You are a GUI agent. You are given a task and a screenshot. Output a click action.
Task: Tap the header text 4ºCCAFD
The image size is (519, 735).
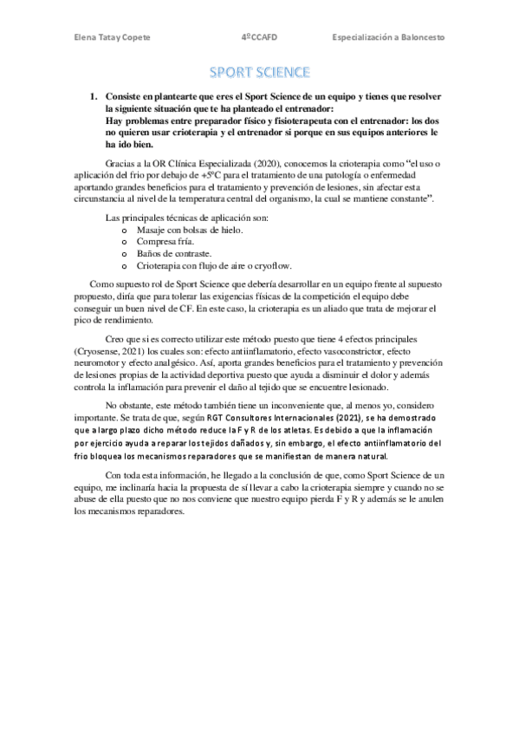tap(259, 37)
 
